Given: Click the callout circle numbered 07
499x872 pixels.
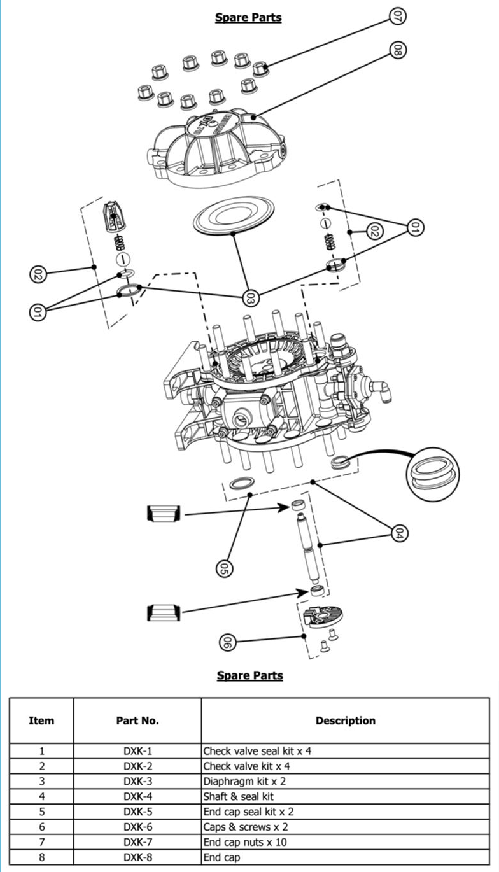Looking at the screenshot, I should pos(397,17).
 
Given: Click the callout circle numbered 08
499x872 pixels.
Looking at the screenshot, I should pos(397,50).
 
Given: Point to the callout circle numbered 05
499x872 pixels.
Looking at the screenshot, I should pos(224,567).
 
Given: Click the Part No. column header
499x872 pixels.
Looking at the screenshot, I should pos(137,721).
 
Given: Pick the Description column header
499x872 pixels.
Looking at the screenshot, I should pos(346,721).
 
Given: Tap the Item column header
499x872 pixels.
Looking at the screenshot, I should pos(41,721).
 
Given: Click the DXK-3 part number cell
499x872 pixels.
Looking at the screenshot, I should pos(137,781).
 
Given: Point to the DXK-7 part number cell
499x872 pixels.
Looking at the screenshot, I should pos(137,842).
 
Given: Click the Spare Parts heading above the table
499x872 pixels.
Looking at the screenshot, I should pos(250,675).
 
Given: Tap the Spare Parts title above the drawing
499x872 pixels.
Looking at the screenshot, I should pos(248,17).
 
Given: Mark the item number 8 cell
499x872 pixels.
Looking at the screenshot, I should pos(41,857).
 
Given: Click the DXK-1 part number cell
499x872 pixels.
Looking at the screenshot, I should pos(137,750).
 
